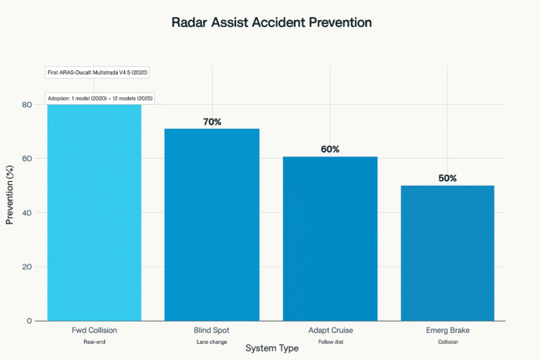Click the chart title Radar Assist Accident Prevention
(x=271, y=23)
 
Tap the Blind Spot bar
(x=212, y=224)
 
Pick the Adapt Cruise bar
(x=330, y=238)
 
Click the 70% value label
(x=212, y=121)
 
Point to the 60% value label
(x=330, y=149)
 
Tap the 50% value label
(x=447, y=178)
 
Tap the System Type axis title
(x=271, y=348)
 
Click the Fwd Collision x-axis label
(x=94, y=331)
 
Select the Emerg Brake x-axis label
(x=447, y=331)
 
